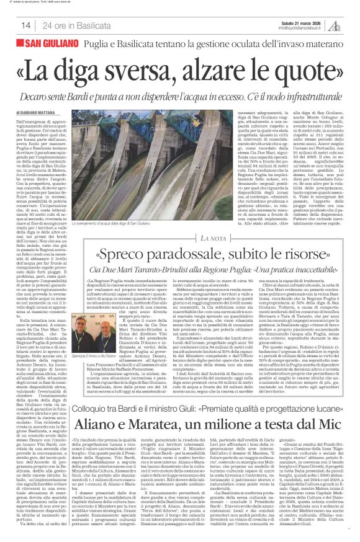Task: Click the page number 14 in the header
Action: [x=25, y=25]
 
